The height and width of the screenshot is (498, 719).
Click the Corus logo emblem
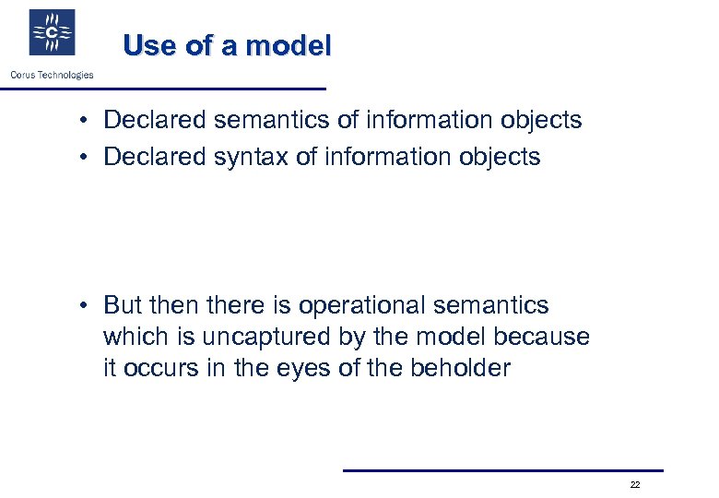52,33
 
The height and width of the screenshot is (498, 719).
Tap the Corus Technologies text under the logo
52,75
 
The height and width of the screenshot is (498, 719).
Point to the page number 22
635,484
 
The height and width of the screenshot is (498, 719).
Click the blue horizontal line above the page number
502,470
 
